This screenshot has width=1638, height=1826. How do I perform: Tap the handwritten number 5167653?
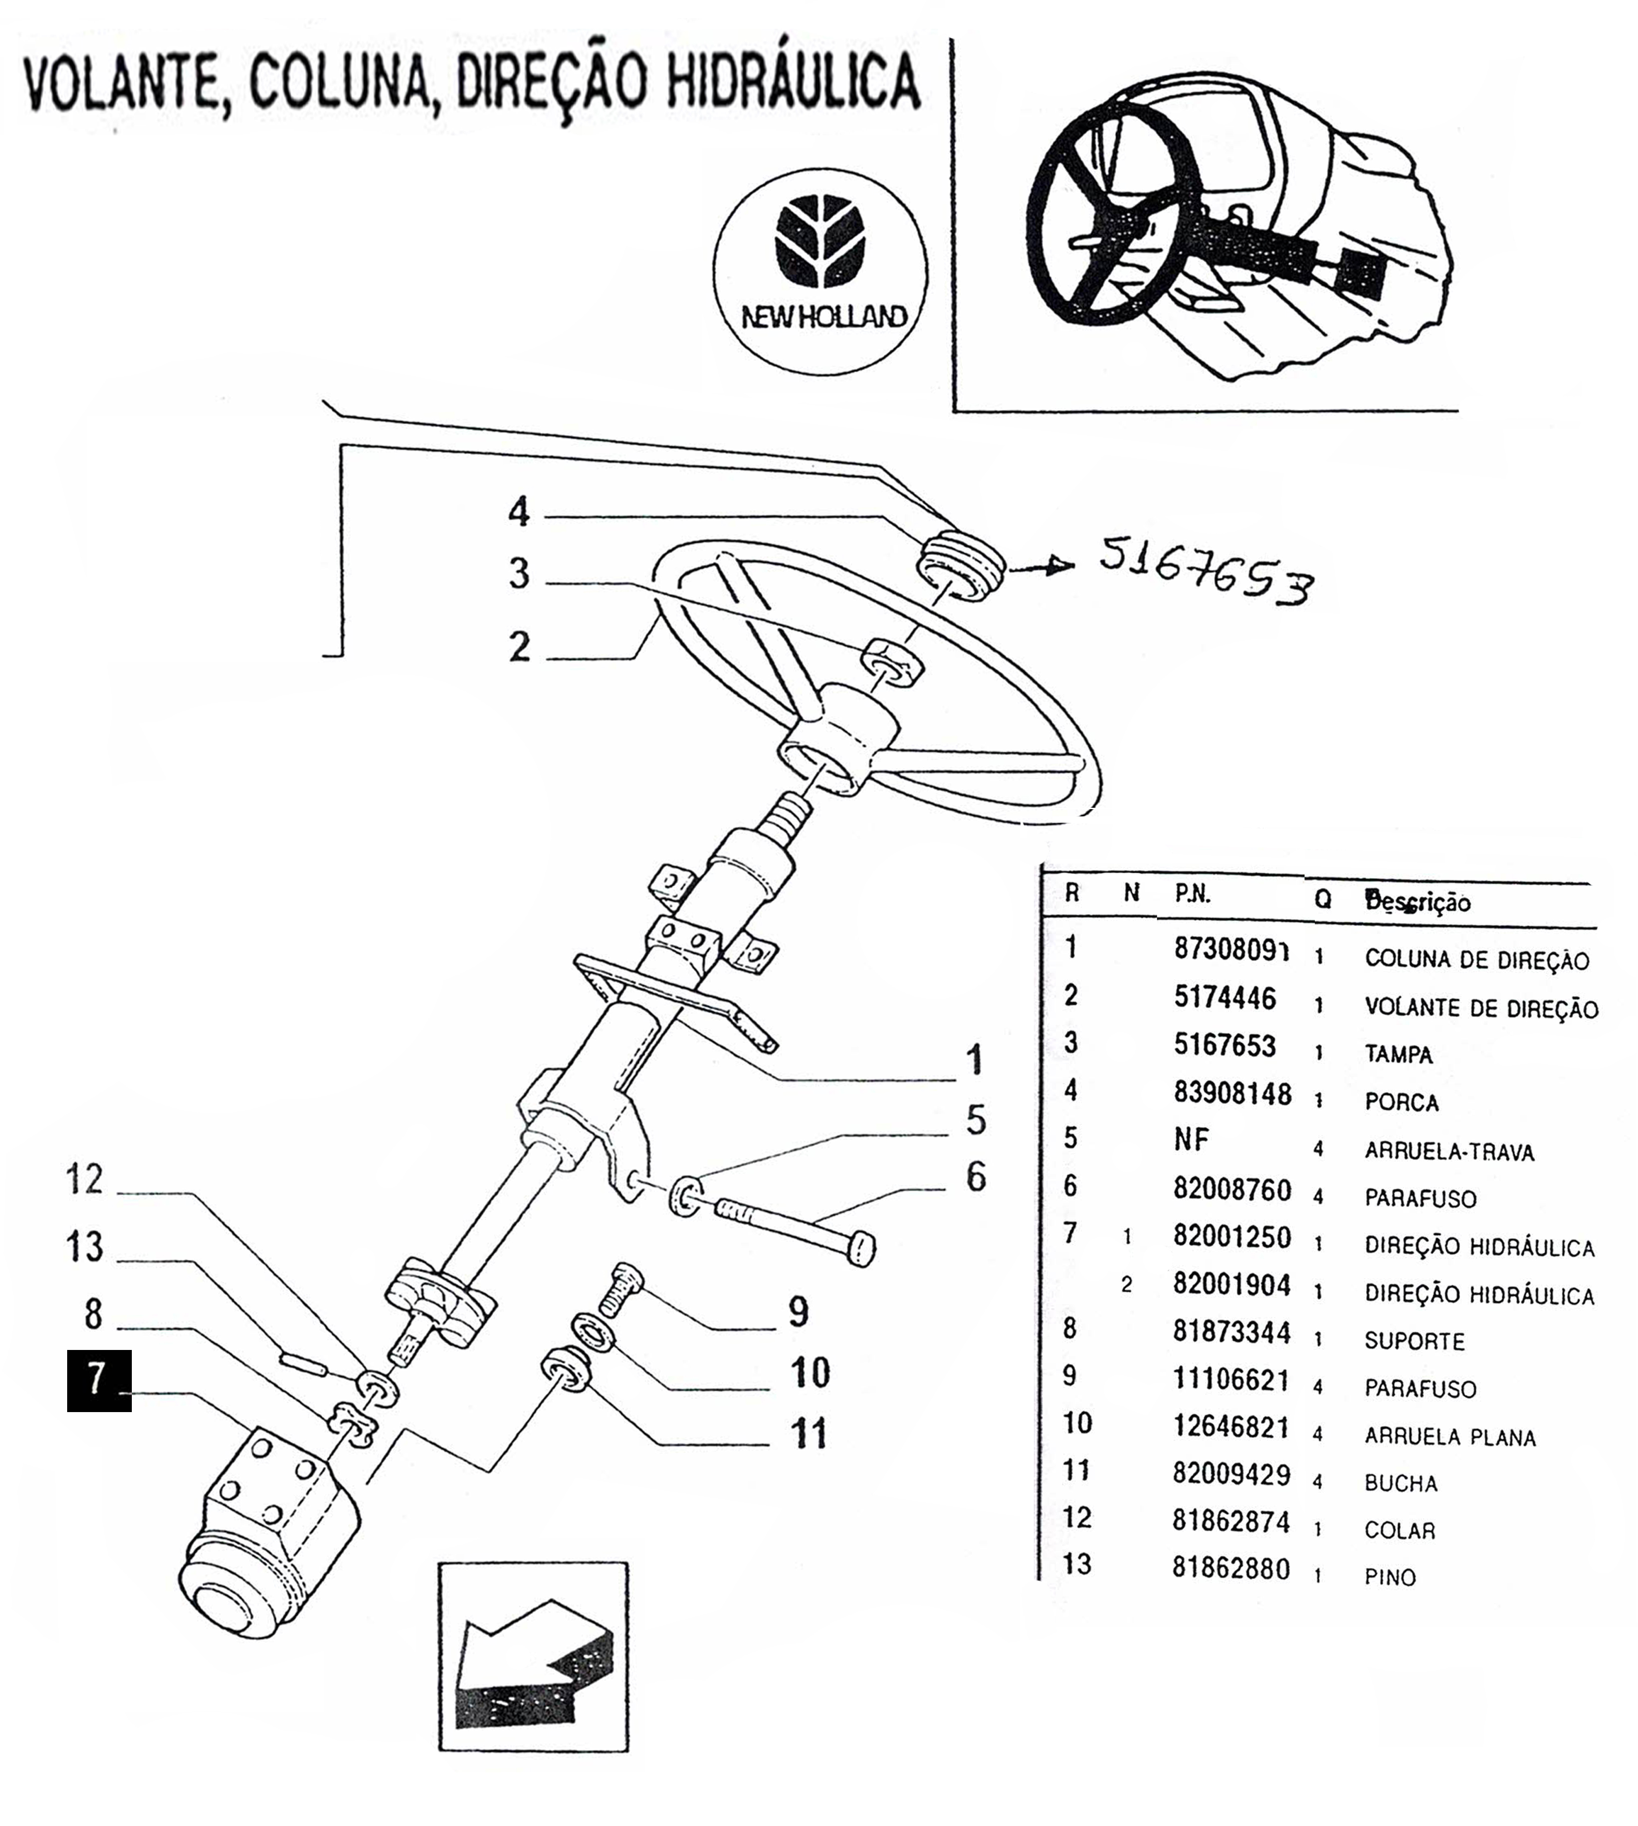point(1206,571)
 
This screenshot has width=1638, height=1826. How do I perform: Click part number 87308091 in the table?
point(1231,950)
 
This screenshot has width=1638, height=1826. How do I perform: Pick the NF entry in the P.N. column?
point(1191,1140)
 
